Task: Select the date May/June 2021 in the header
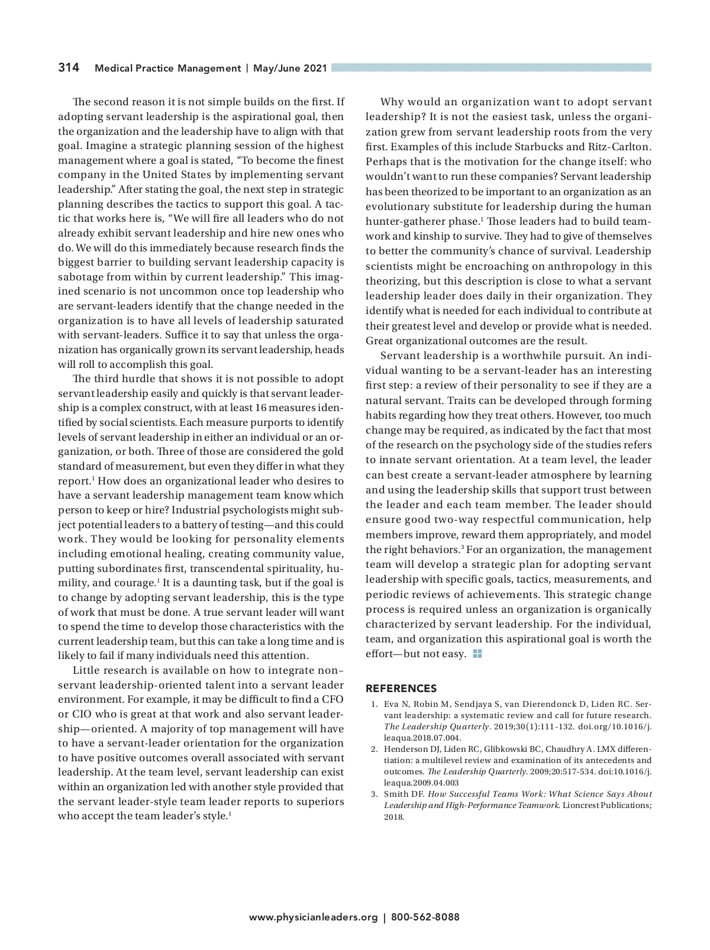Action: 290,69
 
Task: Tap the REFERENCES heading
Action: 401,689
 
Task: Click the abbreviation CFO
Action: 333,699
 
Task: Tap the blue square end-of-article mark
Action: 477,654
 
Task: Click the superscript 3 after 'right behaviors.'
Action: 462,547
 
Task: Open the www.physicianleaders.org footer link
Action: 313,917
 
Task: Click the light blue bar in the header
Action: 491,67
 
